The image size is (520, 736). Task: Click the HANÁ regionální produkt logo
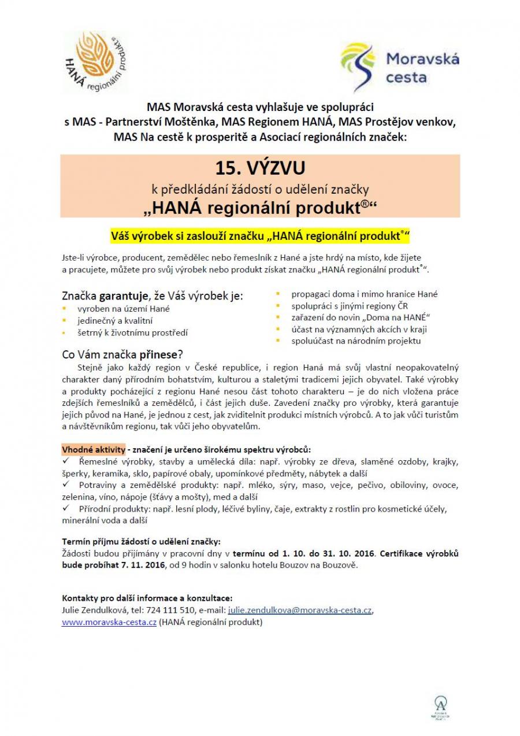(x=95, y=62)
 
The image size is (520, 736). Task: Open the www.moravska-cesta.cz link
(x=109, y=622)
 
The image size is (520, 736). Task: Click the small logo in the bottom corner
(x=441, y=707)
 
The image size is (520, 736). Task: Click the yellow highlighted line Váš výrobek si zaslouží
(x=259, y=236)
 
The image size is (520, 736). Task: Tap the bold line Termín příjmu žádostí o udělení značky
(x=141, y=541)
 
